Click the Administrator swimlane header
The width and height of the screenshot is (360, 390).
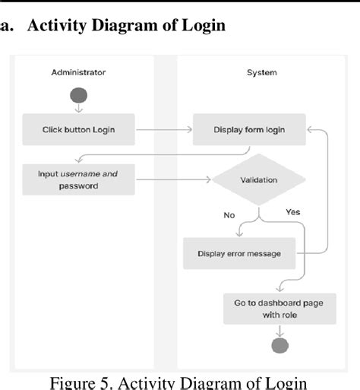click(78, 73)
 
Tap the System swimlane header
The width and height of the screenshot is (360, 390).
click(261, 73)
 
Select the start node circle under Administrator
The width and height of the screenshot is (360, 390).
click(78, 96)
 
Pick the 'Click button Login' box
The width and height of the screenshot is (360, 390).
click(78, 129)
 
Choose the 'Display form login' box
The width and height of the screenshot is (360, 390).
click(249, 129)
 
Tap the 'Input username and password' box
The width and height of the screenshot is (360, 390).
click(78, 179)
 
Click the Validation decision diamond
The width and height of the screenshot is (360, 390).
click(259, 180)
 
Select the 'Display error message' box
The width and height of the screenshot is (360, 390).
click(238, 254)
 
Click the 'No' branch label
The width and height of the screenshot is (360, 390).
click(229, 215)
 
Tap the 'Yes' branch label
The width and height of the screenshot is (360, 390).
click(292, 211)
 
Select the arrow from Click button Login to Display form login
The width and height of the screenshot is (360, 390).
click(163, 130)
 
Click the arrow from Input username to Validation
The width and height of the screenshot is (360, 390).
click(173, 180)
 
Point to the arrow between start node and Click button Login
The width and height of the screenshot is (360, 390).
click(78, 109)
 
